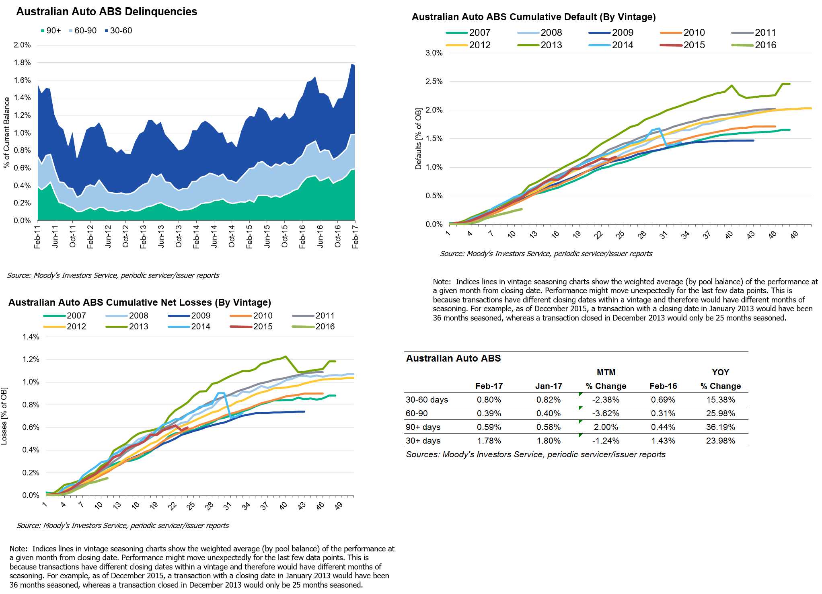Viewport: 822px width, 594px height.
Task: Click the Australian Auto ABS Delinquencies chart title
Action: click(x=107, y=12)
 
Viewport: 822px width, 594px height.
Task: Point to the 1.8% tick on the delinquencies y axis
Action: click(x=22, y=62)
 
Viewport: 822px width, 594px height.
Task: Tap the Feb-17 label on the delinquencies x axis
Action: click(x=355, y=237)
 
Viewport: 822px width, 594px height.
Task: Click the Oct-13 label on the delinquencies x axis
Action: click(x=179, y=237)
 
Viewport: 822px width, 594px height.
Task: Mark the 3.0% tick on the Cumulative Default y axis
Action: click(x=434, y=53)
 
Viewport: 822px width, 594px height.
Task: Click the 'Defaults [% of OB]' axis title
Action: click(x=418, y=139)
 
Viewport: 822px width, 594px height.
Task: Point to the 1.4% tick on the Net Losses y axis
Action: click(x=31, y=337)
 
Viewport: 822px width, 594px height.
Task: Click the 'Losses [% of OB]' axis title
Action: click(x=4, y=416)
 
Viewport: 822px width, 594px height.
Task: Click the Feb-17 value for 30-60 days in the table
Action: click(x=489, y=400)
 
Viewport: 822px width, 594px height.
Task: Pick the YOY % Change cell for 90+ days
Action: click(x=720, y=427)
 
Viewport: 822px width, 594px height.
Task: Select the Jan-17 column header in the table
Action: click(x=549, y=386)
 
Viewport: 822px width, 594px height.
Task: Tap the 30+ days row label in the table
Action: click(x=423, y=441)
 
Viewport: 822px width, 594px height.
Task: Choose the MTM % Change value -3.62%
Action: click(x=606, y=413)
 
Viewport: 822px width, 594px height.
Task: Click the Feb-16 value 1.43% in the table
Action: click(x=663, y=441)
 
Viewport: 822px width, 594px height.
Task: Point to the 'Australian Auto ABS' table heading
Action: click(x=453, y=358)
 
